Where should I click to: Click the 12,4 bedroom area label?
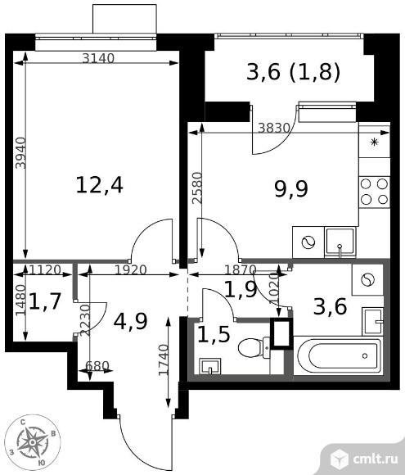(99, 185)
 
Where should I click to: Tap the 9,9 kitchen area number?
(291, 189)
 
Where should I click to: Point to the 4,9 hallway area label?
(130, 321)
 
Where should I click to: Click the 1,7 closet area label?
(45, 301)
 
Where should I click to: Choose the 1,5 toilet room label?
(214, 334)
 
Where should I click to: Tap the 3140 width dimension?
(98, 58)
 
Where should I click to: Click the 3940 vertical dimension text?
(21, 153)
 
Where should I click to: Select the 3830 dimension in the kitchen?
(274, 129)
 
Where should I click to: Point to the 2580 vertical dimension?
(196, 188)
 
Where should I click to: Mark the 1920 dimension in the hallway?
(130, 269)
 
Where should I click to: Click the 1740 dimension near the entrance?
(164, 360)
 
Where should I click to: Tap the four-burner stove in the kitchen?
(374, 192)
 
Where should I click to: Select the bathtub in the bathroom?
(339, 355)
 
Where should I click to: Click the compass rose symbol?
(33, 443)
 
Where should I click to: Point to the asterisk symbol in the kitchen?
(375, 142)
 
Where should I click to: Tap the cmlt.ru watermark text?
(375, 459)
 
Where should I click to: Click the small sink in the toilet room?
(210, 366)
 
